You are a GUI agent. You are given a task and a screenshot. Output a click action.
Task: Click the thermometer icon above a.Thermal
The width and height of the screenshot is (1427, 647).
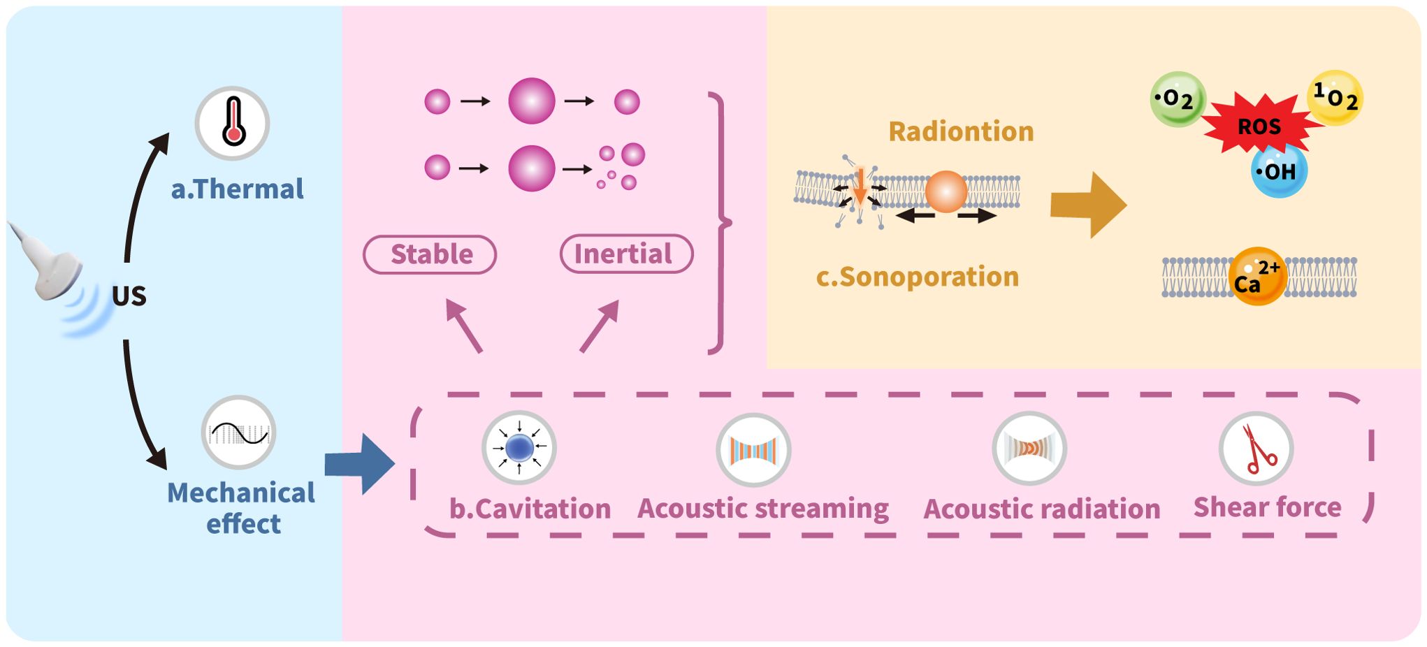point(233,123)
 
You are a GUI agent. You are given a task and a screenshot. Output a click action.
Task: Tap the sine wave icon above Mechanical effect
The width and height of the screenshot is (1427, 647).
point(239,432)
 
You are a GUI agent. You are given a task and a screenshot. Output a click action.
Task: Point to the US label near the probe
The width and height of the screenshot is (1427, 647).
point(129,296)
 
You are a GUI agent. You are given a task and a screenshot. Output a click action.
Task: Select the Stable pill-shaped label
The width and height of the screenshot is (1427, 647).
point(430,254)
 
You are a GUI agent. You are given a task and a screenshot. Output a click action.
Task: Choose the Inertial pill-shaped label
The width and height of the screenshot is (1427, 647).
point(626,254)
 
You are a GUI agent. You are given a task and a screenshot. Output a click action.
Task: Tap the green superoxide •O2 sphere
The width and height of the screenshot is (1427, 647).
point(1178,99)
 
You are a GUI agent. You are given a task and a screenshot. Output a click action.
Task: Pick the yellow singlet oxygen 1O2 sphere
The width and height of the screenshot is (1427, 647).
point(1335,98)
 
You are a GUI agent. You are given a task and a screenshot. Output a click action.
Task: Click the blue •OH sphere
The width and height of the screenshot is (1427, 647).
point(1279,171)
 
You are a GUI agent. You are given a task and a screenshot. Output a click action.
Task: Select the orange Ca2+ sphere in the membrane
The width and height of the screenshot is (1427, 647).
point(1257,277)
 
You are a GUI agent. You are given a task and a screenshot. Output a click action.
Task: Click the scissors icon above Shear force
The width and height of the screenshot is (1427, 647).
point(1256,449)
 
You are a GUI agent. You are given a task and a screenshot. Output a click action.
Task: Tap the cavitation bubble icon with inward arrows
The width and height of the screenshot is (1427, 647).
point(519,448)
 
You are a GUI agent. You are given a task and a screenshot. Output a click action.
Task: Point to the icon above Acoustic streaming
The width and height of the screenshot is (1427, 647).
point(753,450)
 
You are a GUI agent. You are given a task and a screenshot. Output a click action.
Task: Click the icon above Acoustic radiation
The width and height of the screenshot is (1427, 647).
point(1029,449)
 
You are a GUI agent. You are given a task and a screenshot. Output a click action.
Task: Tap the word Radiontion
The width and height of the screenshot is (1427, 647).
point(961,131)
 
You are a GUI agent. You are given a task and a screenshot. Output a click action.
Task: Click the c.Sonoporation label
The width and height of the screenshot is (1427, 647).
point(917,277)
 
